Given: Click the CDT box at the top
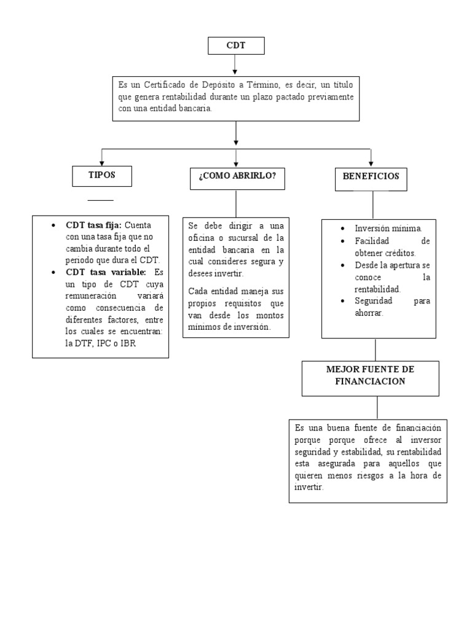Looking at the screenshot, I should (x=236, y=46).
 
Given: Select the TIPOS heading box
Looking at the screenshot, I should (x=101, y=176).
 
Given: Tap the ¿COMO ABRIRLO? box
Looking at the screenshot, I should (x=237, y=177).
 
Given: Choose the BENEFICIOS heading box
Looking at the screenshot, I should (x=371, y=176).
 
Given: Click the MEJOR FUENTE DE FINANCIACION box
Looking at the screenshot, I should (x=370, y=376).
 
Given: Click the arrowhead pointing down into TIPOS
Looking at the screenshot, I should (x=102, y=162).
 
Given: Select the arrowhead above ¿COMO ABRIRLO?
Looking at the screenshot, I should (x=236, y=162).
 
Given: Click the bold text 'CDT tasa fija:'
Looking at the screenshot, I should (x=94, y=225).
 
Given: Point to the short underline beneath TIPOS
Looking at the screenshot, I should (x=100, y=200).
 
